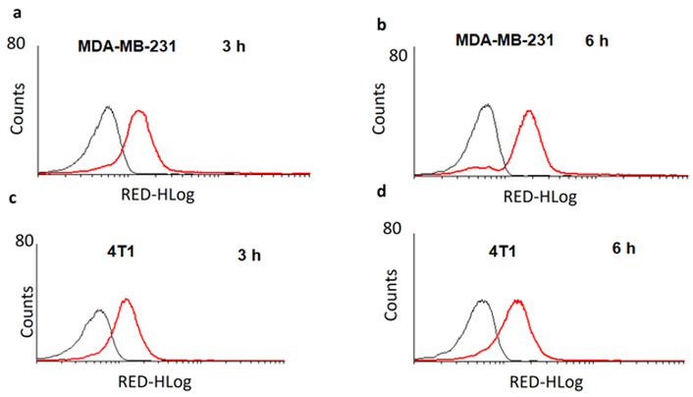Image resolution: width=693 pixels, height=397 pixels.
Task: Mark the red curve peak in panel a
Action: (x=138, y=111)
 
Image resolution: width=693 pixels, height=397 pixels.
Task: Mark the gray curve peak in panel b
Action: (x=487, y=104)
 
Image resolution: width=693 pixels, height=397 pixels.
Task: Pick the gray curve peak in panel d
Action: (x=481, y=302)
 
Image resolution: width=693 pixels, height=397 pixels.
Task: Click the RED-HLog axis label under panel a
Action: (x=158, y=193)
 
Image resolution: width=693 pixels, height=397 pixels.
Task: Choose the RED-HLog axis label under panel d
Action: (x=533, y=382)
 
